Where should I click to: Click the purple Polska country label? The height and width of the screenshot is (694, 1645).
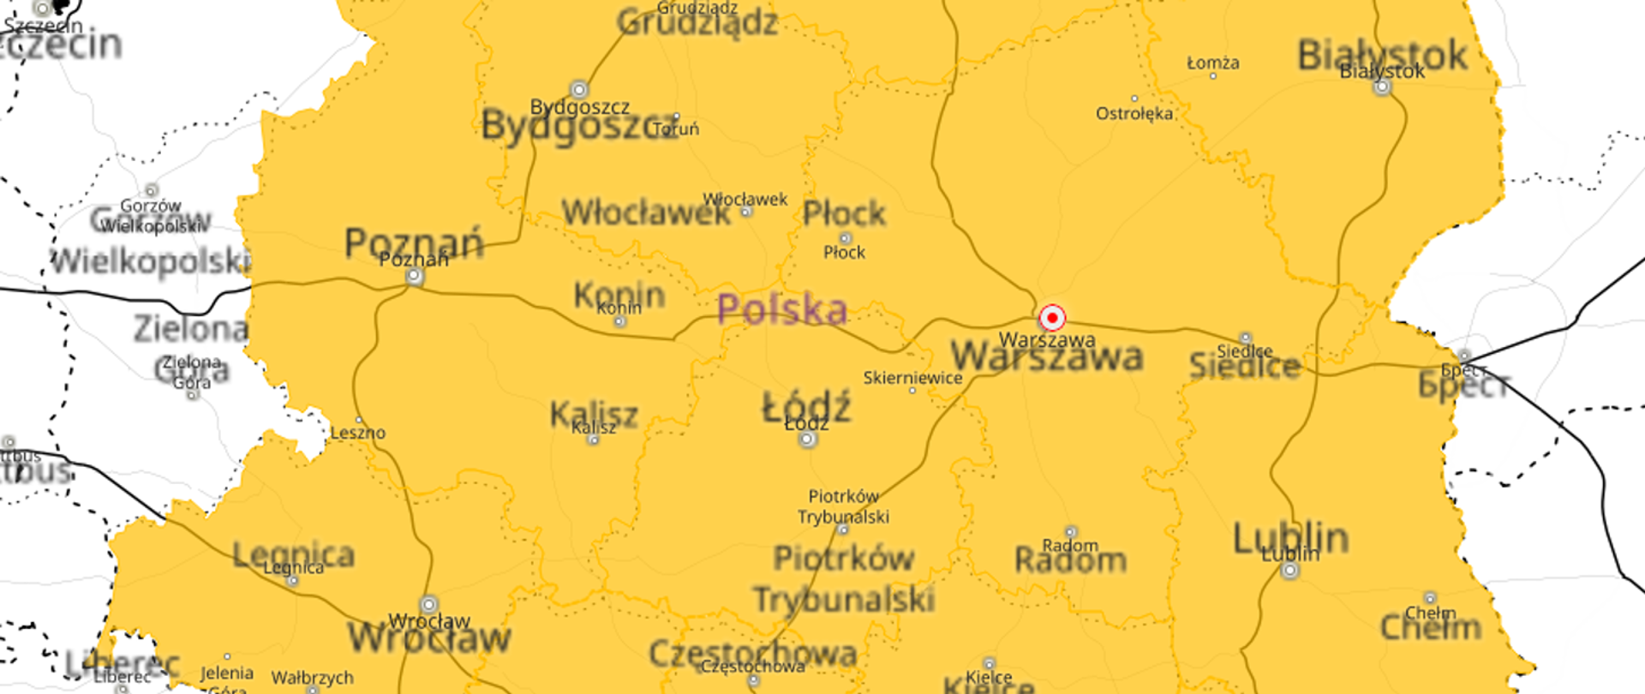click(781, 309)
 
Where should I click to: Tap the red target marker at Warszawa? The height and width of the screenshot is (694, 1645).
click(1052, 318)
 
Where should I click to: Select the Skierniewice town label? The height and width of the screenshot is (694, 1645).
click(912, 378)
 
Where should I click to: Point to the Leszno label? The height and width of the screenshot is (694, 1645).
click(358, 433)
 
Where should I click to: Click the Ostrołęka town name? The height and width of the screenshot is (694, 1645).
click(1134, 113)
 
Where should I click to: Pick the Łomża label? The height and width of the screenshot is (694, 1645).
click(1212, 63)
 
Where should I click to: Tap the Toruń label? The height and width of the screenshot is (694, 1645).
click(676, 129)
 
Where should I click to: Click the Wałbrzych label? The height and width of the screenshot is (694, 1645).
click(312, 678)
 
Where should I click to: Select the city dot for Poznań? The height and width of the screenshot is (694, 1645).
click(415, 277)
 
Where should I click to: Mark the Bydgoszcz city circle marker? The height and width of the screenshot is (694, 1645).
click(579, 89)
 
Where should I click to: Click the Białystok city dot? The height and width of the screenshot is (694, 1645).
click(1382, 87)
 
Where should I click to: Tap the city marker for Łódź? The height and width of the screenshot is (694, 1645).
click(807, 440)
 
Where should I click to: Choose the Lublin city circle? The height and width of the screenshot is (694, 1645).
click(1290, 570)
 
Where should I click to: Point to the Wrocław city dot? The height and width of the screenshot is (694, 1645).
click(429, 605)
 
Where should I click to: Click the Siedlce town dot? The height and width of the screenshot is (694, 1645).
click(1246, 338)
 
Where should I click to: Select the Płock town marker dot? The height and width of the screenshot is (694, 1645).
click(845, 238)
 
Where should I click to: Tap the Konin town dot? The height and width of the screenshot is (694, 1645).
click(620, 321)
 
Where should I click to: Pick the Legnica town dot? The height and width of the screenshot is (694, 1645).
click(293, 581)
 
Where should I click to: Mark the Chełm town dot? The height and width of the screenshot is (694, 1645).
click(1430, 598)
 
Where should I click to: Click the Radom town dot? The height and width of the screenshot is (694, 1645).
click(1070, 532)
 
